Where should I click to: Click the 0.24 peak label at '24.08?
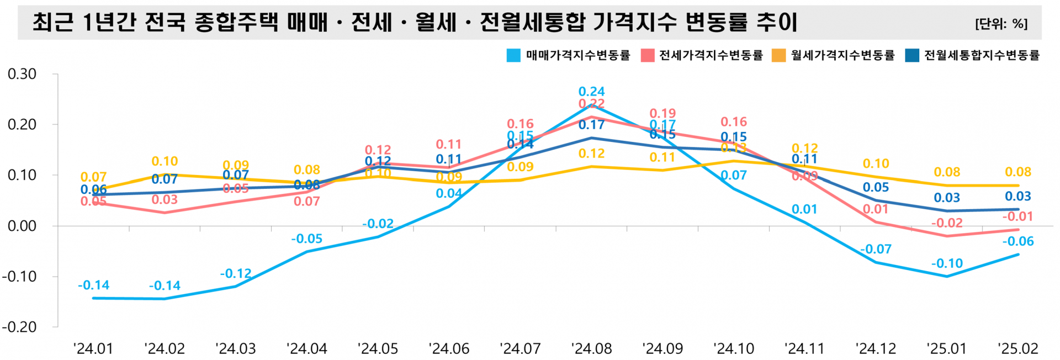591,92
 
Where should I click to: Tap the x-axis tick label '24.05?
378,349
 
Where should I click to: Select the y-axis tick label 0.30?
22,74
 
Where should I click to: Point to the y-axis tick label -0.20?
19,327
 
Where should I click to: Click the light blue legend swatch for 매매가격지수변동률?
513,55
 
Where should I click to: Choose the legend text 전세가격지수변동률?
711,55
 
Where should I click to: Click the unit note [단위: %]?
1001,24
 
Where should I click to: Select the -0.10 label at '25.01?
947,264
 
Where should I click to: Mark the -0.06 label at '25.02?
1017,241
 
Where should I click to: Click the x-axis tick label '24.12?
876,349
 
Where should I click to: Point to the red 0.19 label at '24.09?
662,114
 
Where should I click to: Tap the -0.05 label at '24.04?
306,239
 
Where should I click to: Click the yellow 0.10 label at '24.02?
165,161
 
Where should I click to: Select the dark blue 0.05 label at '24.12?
876,187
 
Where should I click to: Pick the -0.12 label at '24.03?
236,274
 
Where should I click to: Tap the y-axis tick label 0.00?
22,226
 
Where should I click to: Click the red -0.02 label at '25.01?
947,223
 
